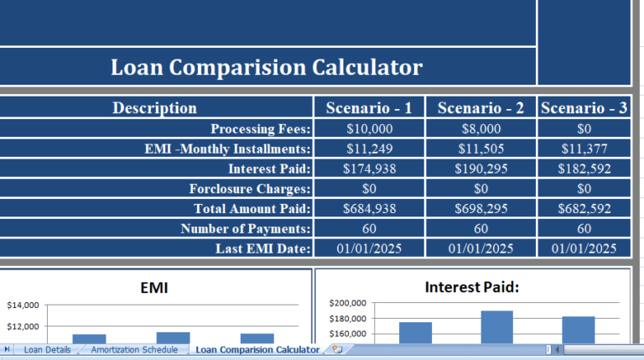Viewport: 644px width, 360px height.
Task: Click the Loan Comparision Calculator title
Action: pos(267,67)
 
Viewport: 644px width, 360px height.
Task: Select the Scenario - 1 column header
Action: pos(368,107)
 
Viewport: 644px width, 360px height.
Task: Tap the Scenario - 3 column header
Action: pos(584,107)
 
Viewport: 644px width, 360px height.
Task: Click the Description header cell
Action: pos(155,107)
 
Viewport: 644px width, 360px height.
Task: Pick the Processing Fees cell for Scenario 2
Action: pos(480,128)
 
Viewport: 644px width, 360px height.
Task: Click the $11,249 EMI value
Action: pos(368,149)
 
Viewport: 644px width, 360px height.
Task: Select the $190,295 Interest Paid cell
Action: pos(480,168)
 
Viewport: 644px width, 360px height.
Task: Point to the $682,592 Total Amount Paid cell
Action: pos(584,208)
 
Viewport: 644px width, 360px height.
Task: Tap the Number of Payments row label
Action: pos(246,228)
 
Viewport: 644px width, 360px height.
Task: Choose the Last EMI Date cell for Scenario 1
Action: pos(368,248)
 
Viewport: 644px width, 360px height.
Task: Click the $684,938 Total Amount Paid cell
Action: pos(368,208)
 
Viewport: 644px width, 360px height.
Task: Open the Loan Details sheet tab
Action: pos(47,349)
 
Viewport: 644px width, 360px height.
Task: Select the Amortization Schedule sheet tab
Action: pos(134,349)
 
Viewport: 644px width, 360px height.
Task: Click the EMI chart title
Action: pos(154,288)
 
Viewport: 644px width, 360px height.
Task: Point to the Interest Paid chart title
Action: pos(472,287)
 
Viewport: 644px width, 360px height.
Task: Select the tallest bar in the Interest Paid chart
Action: pos(496,327)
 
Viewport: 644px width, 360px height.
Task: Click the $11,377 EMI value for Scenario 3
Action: pos(584,149)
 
